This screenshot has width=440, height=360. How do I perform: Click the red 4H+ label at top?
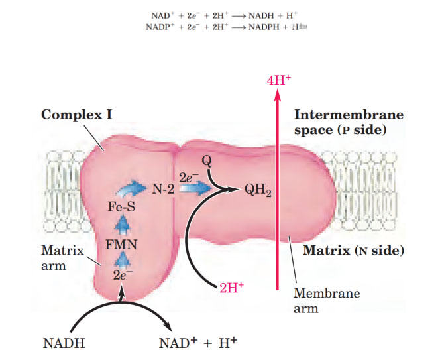(x=278, y=80)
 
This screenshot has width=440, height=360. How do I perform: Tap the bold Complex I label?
(x=76, y=114)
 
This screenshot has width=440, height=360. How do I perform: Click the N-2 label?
(x=162, y=188)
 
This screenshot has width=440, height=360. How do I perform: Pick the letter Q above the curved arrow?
(x=206, y=160)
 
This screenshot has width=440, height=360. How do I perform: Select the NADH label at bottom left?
(x=64, y=343)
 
